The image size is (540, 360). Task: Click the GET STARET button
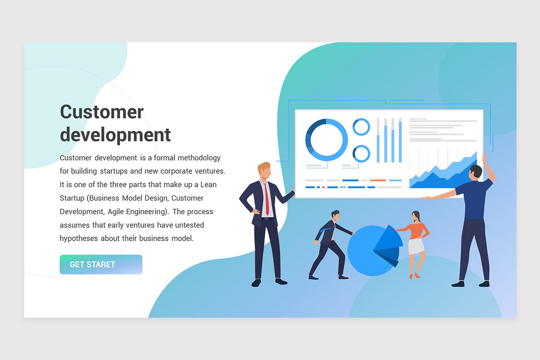click(101, 265)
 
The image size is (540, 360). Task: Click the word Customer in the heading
click(102, 112)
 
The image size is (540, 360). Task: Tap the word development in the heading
click(115, 135)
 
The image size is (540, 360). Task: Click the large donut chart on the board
click(326, 139)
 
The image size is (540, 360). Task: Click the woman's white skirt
click(416, 246)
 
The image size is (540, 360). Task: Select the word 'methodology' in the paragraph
click(199, 158)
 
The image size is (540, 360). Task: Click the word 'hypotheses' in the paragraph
click(79, 238)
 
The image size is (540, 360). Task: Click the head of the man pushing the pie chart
click(335, 216)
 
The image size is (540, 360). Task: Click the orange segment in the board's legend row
click(378, 180)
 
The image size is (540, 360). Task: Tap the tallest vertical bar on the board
click(400, 142)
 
